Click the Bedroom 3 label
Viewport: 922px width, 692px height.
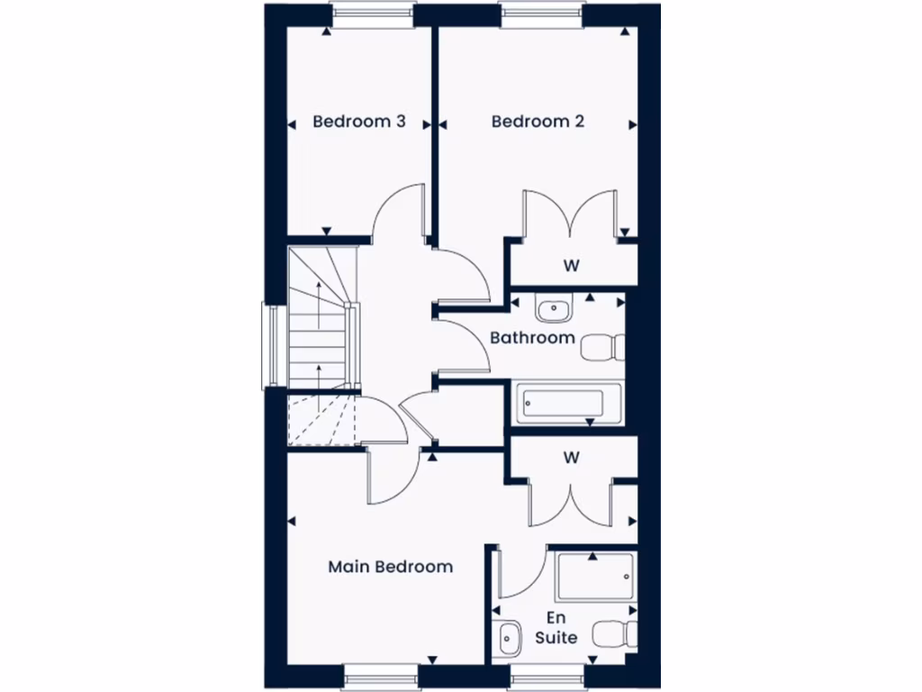pos(359,121)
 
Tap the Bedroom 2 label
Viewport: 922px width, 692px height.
pos(538,121)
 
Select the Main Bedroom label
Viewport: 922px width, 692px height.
pos(390,567)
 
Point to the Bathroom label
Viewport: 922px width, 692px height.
pos(532,338)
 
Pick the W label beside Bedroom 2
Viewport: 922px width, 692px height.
pos(570,266)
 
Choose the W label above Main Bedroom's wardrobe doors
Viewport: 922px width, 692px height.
pos(570,457)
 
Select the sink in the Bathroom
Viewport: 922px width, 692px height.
pos(551,309)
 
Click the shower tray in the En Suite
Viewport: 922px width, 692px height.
pos(594,578)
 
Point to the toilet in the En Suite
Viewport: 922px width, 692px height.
pos(616,633)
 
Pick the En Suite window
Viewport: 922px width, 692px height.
pos(547,677)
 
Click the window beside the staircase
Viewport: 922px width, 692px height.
pos(267,346)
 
